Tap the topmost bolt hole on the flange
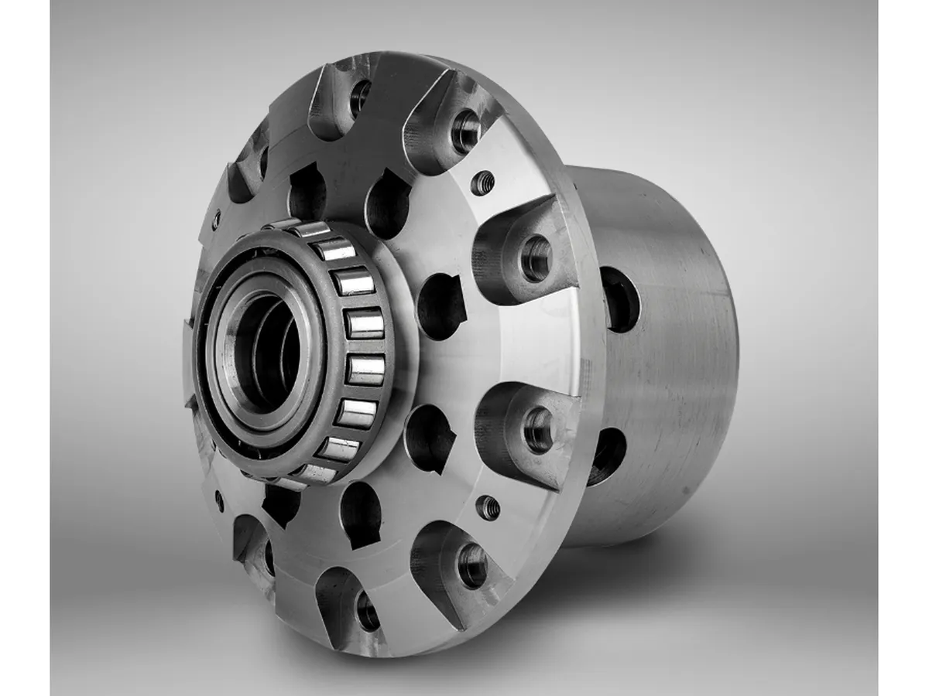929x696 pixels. point(360,97)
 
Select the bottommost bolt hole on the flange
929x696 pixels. point(367,612)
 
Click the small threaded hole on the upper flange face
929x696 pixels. point(483,183)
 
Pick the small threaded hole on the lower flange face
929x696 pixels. point(488,507)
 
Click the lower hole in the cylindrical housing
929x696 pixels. point(608,456)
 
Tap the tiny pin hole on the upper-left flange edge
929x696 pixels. point(216,220)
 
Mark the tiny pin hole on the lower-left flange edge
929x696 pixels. point(219,500)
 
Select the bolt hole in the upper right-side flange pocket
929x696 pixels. point(536,258)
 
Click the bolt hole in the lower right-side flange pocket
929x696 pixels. point(539,430)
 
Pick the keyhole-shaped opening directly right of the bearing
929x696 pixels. point(441,306)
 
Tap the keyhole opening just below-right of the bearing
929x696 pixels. point(429,438)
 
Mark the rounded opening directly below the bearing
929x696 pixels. point(361,513)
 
